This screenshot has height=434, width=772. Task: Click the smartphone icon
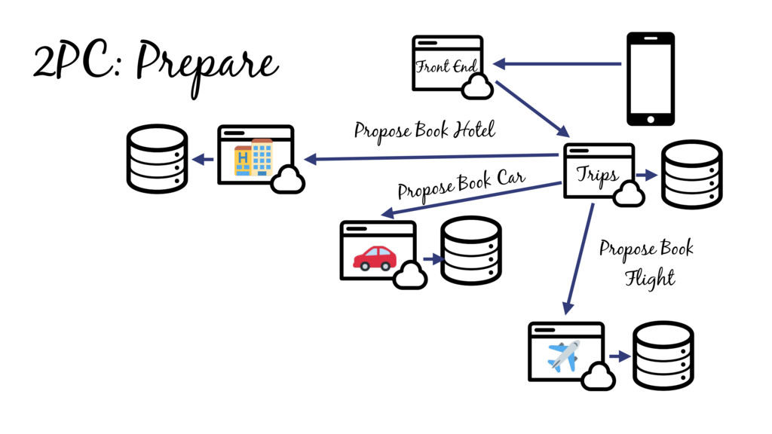pyautogui.click(x=651, y=78)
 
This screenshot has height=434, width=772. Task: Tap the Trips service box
pyautogui.click(x=599, y=171)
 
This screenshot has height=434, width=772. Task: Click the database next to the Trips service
pyautogui.click(x=691, y=174)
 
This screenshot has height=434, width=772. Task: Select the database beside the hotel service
pyautogui.click(x=157, y=158)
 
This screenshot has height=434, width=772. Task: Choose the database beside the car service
pyautogui.click(x=470, y=251)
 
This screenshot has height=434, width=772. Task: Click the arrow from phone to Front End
pyautogui.click(x=558, y=64)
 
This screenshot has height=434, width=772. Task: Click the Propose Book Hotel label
pyautogui.click(x=424, y=131)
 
